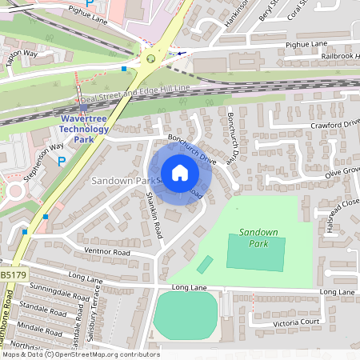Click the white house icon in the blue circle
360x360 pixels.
click(x=179, y=172)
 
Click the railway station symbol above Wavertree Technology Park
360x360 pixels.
click(x=84, y=108)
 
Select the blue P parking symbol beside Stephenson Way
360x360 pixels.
click(x=62, y=162)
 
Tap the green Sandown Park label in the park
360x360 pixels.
click(x=258, y=237)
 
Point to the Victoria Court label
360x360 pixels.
click(x=298, y=322)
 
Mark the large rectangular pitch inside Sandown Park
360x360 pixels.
click(x=255, y=254)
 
